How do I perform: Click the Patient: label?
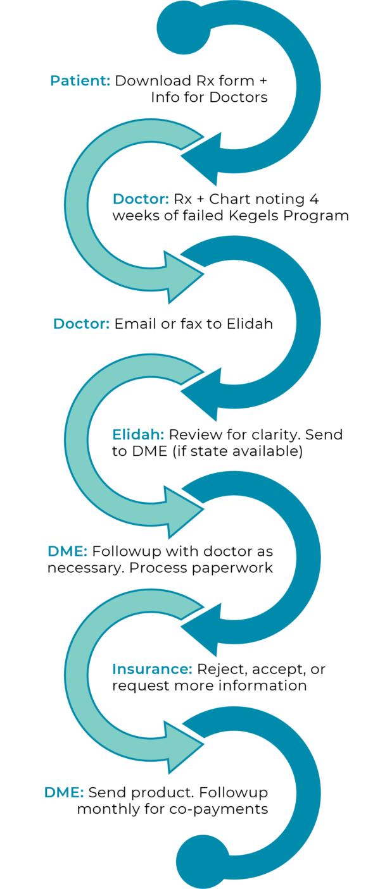coord(80,81)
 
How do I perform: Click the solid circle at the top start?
coord(183,28)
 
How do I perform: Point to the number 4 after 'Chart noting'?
coord(314,199)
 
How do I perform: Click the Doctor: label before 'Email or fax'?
coord(81,324)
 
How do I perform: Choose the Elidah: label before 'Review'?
coord(138,434)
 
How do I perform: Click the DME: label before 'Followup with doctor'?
coord(67,551)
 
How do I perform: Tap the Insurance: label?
coord(152,669)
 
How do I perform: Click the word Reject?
coord(218,669)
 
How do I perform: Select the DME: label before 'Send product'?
coord(63,792)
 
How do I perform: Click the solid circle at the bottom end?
coord(202,861)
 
